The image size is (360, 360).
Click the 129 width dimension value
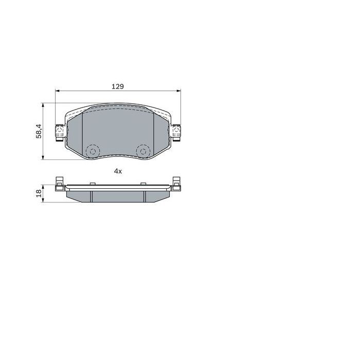tap(118, 86)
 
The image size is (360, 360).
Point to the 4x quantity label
tap(118, 171)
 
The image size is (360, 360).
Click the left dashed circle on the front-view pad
tap(93, 151)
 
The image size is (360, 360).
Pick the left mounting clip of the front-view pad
tap(59, 132)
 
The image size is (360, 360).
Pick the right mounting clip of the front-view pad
tap(176, 132)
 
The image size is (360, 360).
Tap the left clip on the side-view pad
tap(59, 183)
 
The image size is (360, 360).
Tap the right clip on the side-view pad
tap(176, 183)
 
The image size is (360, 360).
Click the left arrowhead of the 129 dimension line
tap(57, 92)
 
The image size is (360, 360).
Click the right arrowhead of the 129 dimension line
tap(179, 92)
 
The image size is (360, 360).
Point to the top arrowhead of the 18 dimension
tap(44, 186)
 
